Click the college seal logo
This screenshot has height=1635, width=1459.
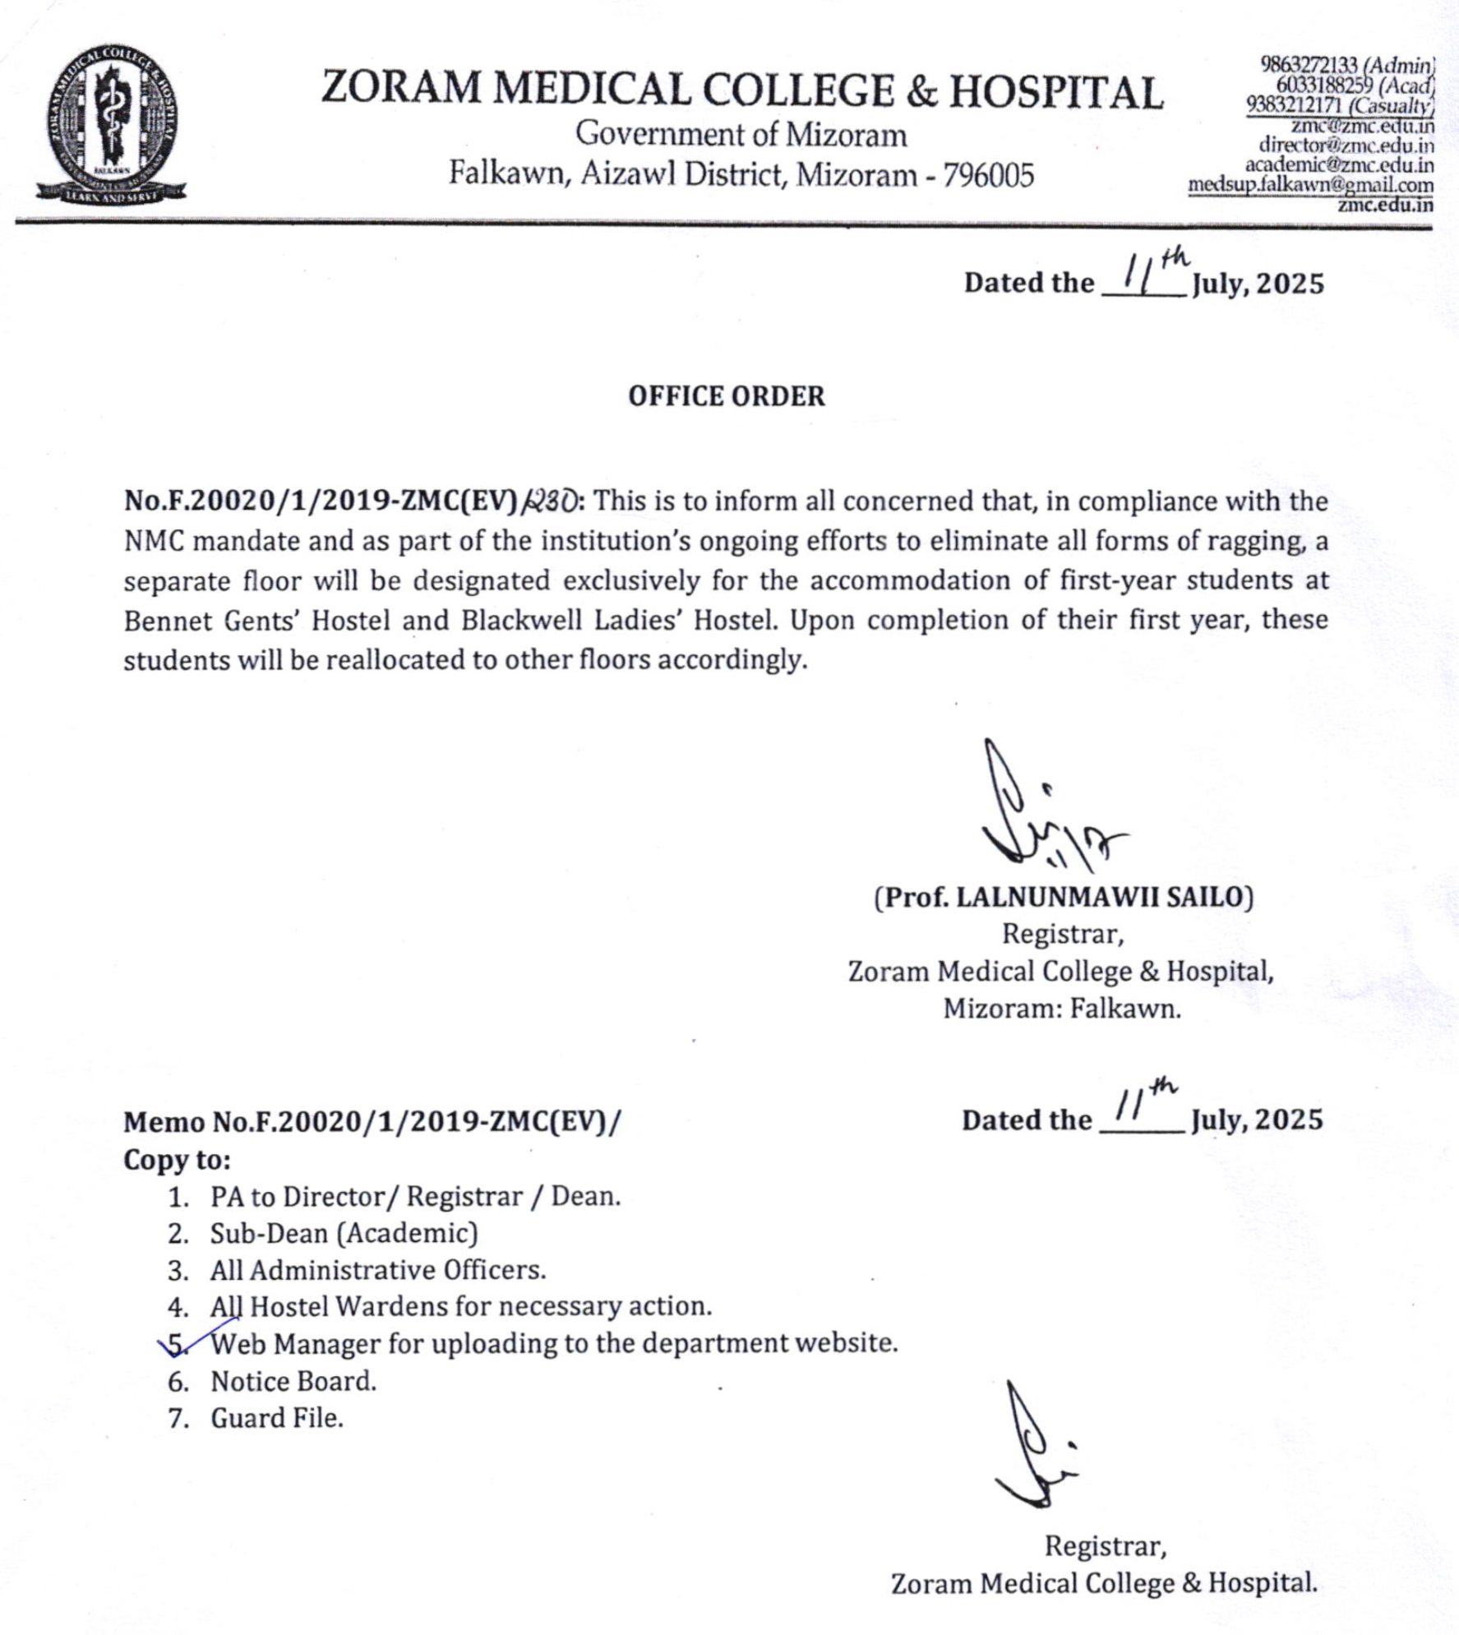(112, 123)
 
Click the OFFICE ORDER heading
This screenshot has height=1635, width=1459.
(726, 396)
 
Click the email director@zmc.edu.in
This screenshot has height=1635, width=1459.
(1346, 145)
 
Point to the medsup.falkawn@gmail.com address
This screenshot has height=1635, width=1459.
(1310, 185)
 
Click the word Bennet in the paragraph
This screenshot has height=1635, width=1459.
(168, 620)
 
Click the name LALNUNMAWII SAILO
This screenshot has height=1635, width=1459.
(1101, 897)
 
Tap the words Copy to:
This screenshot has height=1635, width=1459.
(177, 1160)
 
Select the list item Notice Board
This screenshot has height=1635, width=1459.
(293, 1381)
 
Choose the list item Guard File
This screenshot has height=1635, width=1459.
(277, 1418)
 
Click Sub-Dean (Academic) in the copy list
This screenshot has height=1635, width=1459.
(344, 1233)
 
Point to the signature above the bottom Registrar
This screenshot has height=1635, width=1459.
(1034, 1448)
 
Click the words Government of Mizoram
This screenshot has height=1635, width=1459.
(741, 134)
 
